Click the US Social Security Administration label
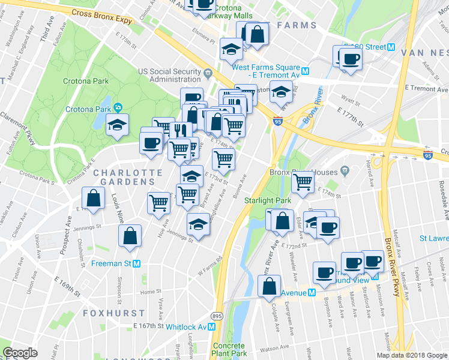(169, 75)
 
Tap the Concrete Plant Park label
(229, 350)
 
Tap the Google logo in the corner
(20, 353)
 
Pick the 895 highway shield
(217, 316)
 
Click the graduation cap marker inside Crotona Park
(118, 124)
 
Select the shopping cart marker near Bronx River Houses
(303, 181)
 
